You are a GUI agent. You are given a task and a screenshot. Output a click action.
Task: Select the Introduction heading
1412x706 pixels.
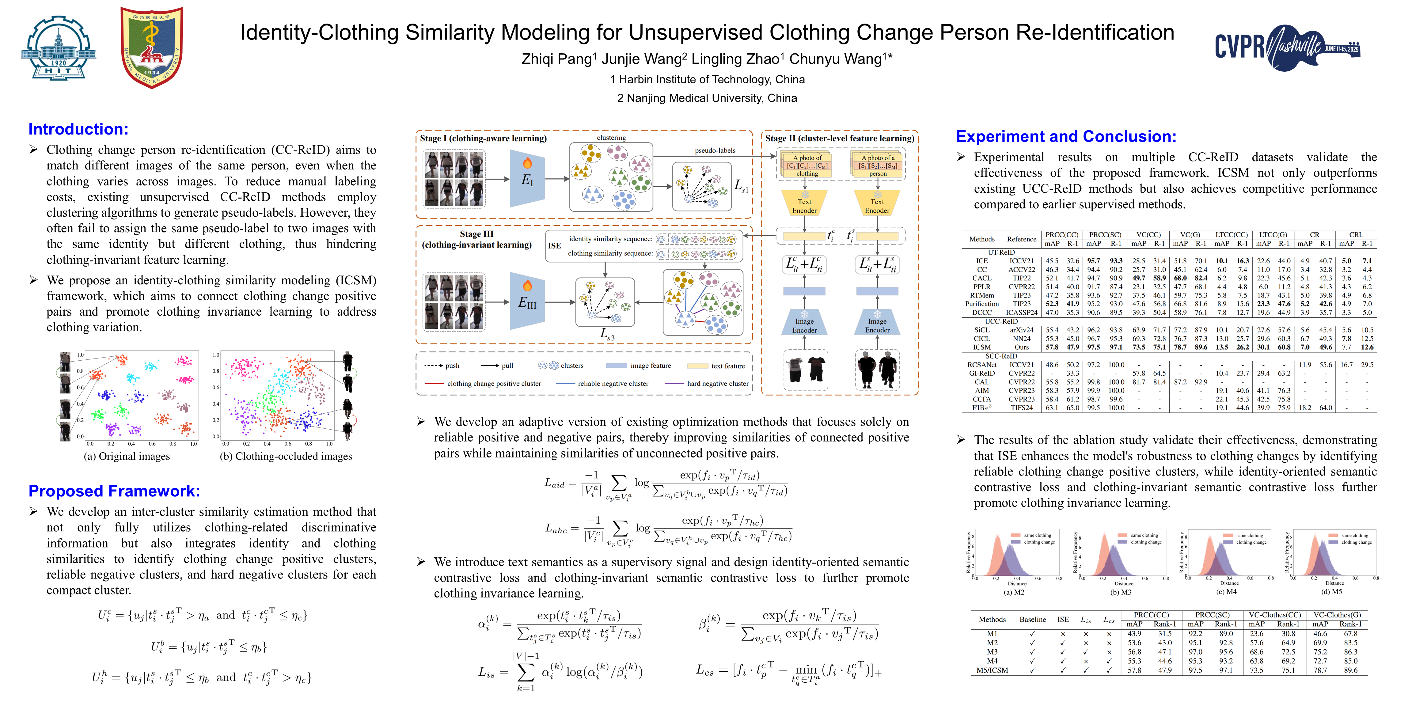click(x=78, y=129)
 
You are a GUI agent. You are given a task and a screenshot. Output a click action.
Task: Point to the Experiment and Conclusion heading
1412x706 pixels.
click(x=1065, y=136)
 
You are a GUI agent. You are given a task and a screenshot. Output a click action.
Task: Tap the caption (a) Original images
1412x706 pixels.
click(x=127, y=456)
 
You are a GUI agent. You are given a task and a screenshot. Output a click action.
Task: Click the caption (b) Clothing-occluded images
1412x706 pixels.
click(x=286, y=456)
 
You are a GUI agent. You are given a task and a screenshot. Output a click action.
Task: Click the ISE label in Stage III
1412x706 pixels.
click(x=554, y=245)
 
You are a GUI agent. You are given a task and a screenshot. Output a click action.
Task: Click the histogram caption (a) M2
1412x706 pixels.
click(x=1014, y=592)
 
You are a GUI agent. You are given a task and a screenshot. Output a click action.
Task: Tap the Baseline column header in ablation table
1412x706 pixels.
click(x=1032, y=619)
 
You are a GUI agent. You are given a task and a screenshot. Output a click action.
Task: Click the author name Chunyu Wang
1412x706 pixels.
click(x=839, y=59)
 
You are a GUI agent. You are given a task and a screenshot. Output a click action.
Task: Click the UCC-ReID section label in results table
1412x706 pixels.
click(x=1001, y=321)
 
